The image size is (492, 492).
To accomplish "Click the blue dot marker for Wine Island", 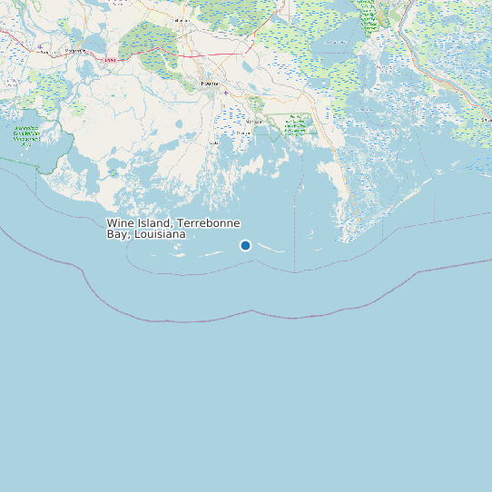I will pos(245,245).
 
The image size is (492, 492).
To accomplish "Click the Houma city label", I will pos(209,83).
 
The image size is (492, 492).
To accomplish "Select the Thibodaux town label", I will pos(182,19).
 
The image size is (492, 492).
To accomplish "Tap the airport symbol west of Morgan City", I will pos(40,46).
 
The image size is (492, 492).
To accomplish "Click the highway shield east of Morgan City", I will pos(111,59).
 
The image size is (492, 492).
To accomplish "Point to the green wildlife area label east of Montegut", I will pos(296,125).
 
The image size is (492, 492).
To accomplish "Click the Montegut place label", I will pos(255,121).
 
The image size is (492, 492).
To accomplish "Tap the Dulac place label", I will pos(214,143).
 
